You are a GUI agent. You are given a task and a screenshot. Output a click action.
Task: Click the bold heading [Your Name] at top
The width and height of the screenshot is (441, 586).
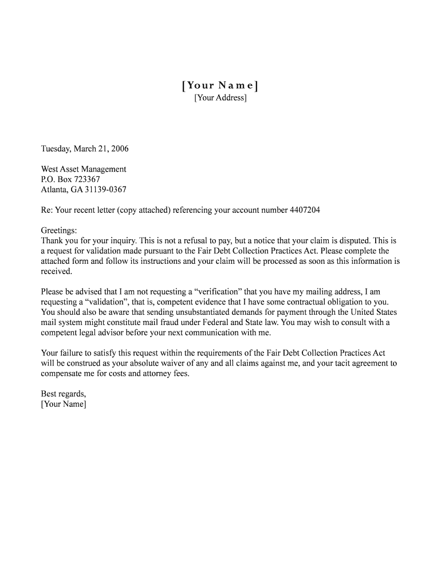[220, 86]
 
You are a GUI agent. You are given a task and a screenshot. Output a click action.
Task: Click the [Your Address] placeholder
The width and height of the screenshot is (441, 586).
[220, 98]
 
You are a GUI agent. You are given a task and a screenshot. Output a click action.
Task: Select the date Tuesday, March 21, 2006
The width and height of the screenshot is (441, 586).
[85, 149]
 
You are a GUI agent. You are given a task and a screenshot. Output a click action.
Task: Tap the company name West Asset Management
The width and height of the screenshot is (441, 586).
[84, 169]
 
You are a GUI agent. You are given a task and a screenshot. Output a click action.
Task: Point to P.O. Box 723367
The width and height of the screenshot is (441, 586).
[70, 180]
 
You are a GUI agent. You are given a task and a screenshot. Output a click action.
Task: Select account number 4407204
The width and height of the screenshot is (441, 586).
[306, 210]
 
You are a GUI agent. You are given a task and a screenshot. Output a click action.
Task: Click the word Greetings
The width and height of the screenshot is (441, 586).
[58, 230]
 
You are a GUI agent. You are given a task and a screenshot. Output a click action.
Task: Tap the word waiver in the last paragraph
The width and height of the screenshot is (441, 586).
[190, 363]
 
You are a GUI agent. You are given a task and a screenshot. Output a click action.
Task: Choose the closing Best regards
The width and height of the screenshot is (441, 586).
[64, 394]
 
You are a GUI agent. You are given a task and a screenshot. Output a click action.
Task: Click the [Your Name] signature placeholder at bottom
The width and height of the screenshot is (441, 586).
[64, 405]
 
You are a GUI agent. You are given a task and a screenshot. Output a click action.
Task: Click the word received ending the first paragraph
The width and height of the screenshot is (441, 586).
[56, 271]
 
